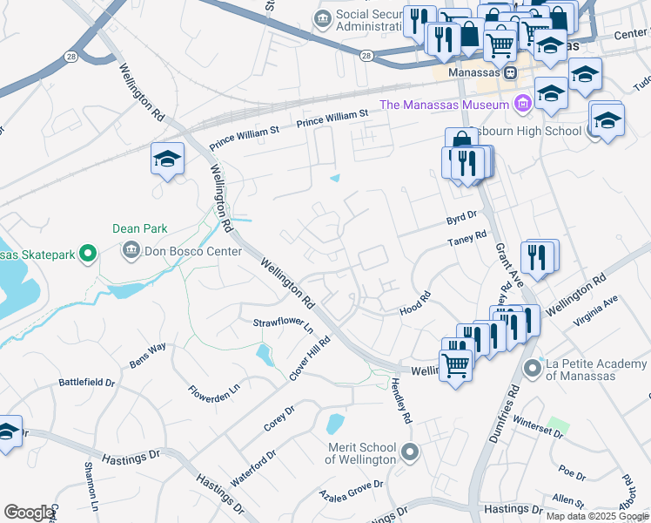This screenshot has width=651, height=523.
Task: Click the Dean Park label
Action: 139,229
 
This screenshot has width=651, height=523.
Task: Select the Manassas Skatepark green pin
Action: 87,254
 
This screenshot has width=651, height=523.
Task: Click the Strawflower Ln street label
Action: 282,326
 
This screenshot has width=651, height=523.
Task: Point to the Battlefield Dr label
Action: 86,383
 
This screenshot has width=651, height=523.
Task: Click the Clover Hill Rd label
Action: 310,357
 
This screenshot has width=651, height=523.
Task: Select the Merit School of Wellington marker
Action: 411,453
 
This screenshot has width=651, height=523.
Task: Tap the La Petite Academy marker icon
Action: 534,370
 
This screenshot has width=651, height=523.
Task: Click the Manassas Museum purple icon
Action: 522,105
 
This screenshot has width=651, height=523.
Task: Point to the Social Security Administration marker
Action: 323,17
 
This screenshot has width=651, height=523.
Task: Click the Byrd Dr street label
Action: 462,215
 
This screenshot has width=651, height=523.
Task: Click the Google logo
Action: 30,513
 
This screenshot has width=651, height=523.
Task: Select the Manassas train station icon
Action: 511,73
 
